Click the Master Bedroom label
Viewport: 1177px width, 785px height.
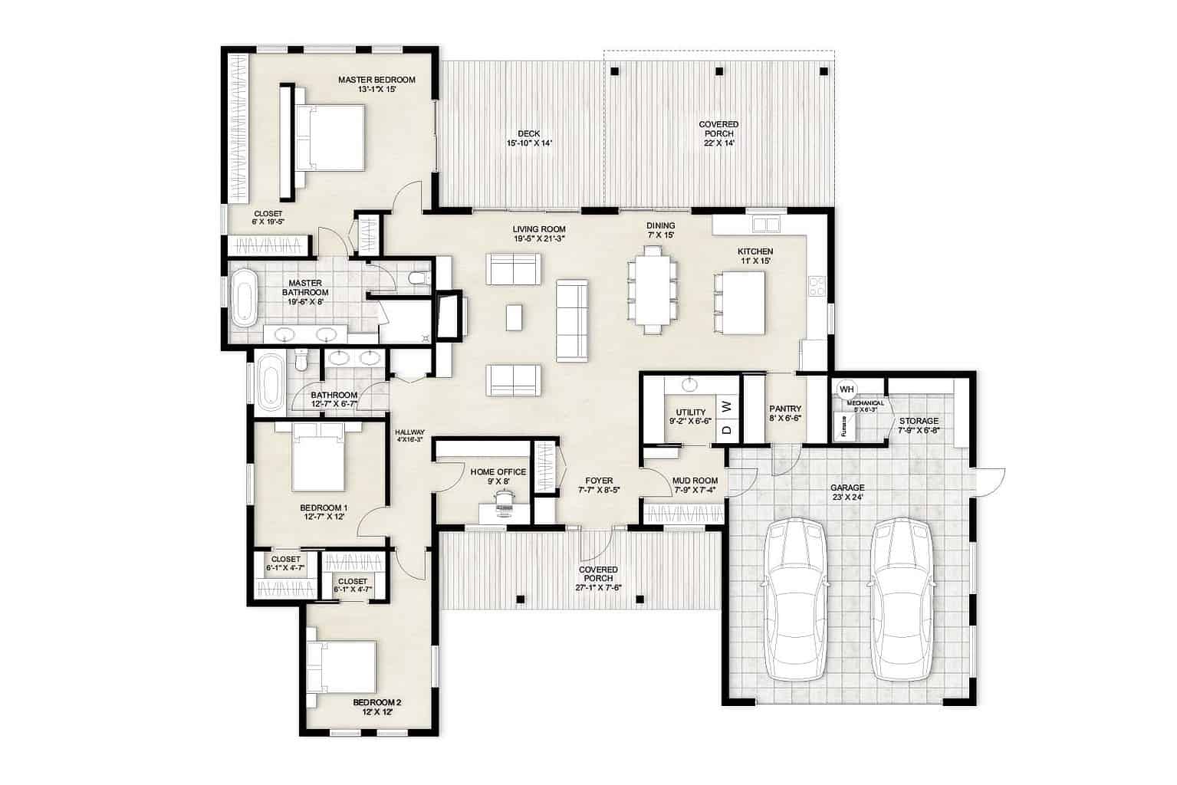point(376,80)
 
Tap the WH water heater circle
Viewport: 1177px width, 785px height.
point(847,389)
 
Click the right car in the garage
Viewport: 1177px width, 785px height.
point(902,598)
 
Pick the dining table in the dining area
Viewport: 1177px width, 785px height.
point(653,290)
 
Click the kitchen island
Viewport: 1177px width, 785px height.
point(741,303)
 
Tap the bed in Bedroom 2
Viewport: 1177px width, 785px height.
point(342,665)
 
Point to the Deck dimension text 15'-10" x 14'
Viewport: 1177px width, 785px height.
point(528,143)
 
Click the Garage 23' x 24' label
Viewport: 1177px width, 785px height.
point(847,492)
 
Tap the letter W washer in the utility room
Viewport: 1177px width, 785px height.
point(727,404)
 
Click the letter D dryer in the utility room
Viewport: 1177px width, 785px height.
point(727,429)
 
